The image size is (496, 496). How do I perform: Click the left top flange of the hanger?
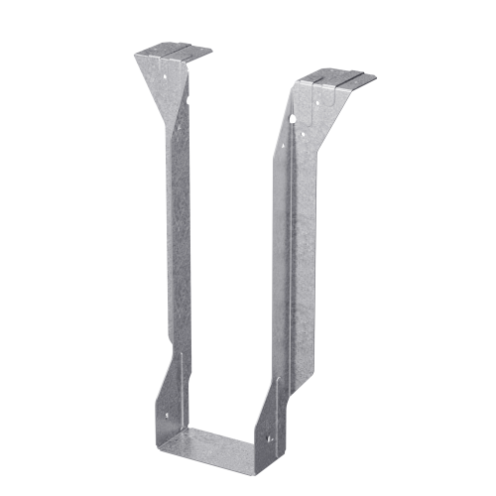pyautogui.click(x=174, y=51)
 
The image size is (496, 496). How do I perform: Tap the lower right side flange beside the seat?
pyautogui.click(x=278, y=417)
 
